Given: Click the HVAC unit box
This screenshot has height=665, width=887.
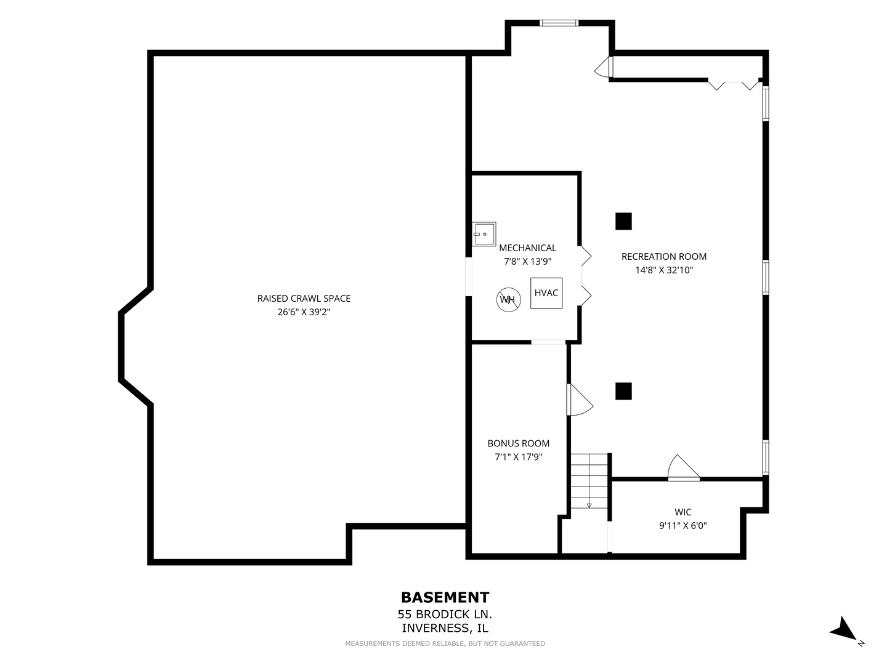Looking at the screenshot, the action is pyautogui.click(x=546, y=293).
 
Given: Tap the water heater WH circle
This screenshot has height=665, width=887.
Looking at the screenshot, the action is pyautogui.click(x=508, y=300).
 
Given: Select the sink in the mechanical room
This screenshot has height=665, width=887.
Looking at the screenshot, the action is pyautogui.click(x=484, y=234).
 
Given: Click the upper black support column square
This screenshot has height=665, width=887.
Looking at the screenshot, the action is pyautogui.click(x=623, y=221).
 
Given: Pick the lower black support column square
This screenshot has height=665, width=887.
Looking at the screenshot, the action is pyautogui.click(x=623, y=391).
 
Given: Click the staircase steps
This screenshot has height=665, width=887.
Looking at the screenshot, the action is pyautogui.click(x=589, y=480).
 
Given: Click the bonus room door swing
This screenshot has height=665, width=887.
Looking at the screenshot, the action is pyautogui.click(x=580, y=400).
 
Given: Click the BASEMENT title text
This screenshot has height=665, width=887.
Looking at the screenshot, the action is pyautogui.click(x=445, y=597).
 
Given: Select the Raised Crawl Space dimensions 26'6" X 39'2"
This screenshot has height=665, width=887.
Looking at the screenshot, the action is pyautogui.click(x=304, y=312).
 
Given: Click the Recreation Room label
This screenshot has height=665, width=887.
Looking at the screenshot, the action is pyautogui.click(x=664, y=256).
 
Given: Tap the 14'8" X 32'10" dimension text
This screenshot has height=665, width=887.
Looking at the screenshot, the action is pyautogui.click(x=664, y=270).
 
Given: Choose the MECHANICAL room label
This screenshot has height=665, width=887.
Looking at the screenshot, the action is pyautogui.click(x=527, y=248).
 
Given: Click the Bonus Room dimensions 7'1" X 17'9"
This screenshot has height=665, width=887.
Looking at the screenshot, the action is pyautogui.click(x=519, y=457).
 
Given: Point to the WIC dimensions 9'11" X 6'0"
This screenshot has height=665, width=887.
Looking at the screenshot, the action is pyautogui.click(x=683, y=526).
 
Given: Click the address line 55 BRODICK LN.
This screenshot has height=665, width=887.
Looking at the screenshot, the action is pyautogui.click(x=445, y=615).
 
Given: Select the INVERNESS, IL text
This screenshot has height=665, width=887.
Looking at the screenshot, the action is pyautogui.click(x=445, y=628).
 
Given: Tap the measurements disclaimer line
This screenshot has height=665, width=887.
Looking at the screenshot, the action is pyautogui.click(x=445, y=643).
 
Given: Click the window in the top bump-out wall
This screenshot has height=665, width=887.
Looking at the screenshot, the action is pyautogui.click(x=559, y=23).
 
